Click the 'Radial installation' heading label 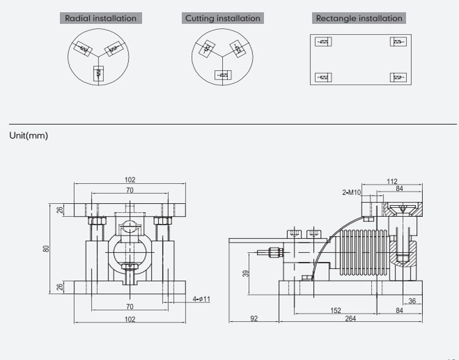click(101, 18)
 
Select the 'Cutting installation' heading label click(223, 18)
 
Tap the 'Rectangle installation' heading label click(358, 18)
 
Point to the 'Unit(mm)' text click(28, 135)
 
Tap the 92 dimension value click(253, 318)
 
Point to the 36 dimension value click(411, 300)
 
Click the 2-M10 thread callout click(352, 192)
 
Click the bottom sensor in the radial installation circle click(98, 73)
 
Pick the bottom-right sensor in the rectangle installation click(398, 77)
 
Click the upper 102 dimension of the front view click(130, 180)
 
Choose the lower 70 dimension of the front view click(130, 306)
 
